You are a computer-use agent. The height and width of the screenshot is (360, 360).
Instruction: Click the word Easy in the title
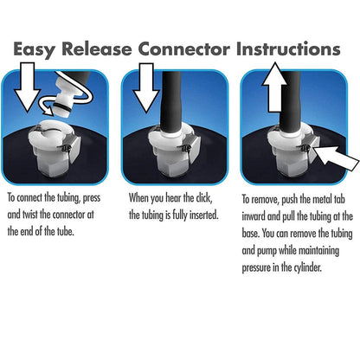tap(34, 49)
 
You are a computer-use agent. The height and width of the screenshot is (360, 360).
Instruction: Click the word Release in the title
tap(97, 48)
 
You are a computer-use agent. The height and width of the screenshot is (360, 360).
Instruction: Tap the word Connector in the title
tap(184, 49)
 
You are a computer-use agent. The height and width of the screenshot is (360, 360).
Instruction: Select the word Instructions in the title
tap(288, 48)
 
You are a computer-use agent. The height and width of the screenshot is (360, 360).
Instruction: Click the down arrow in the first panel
tap(28, 87)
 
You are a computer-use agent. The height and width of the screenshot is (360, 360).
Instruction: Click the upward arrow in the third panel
tap(274, 87)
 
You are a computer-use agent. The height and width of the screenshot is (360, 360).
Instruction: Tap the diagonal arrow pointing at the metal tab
tap(337, 158)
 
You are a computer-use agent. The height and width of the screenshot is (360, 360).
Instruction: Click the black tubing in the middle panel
tap(171, 102)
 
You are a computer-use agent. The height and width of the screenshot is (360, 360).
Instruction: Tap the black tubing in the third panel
tap(291, 102)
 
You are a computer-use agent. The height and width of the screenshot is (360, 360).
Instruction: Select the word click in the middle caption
tap(204, 198)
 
